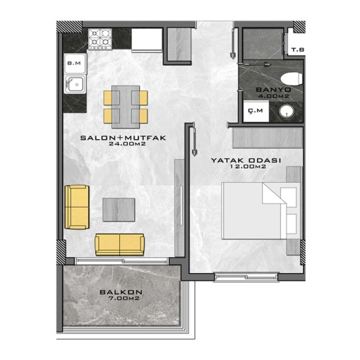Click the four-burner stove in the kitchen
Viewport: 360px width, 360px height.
click(x=100, y=39)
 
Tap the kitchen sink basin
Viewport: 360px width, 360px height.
click(x=76, y=84)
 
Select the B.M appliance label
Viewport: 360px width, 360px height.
click(x=74, y=64)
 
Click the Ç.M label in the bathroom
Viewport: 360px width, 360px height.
click(x=256, y=111)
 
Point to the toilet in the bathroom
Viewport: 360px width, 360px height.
click(x=291, y=79)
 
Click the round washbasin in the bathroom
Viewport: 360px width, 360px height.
click(x=287, y=112)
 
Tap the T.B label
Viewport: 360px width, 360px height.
click(x=298, y=50)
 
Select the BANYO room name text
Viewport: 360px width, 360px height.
click(x=274, y=90)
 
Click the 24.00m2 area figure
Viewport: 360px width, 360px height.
click(x=127, y=143)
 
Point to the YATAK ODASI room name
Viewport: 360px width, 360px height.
click(x=246, y=160)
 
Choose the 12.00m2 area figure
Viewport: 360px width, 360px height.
click(x=248, y=167)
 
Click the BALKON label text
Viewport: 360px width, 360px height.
click(x=121, y=292)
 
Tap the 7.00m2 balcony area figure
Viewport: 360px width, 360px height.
click(x=124, y=299)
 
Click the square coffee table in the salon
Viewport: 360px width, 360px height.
click(x=119, y=210)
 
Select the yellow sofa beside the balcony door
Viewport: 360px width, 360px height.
click(x=120, y=244)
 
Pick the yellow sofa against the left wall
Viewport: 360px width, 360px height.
click(x=77, y=207)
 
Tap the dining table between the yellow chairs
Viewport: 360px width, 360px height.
click(x=126, y=107)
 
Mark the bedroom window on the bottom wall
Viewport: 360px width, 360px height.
click(x=246, y=277)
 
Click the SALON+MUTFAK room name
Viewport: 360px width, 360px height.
click(x=124, y=138)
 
